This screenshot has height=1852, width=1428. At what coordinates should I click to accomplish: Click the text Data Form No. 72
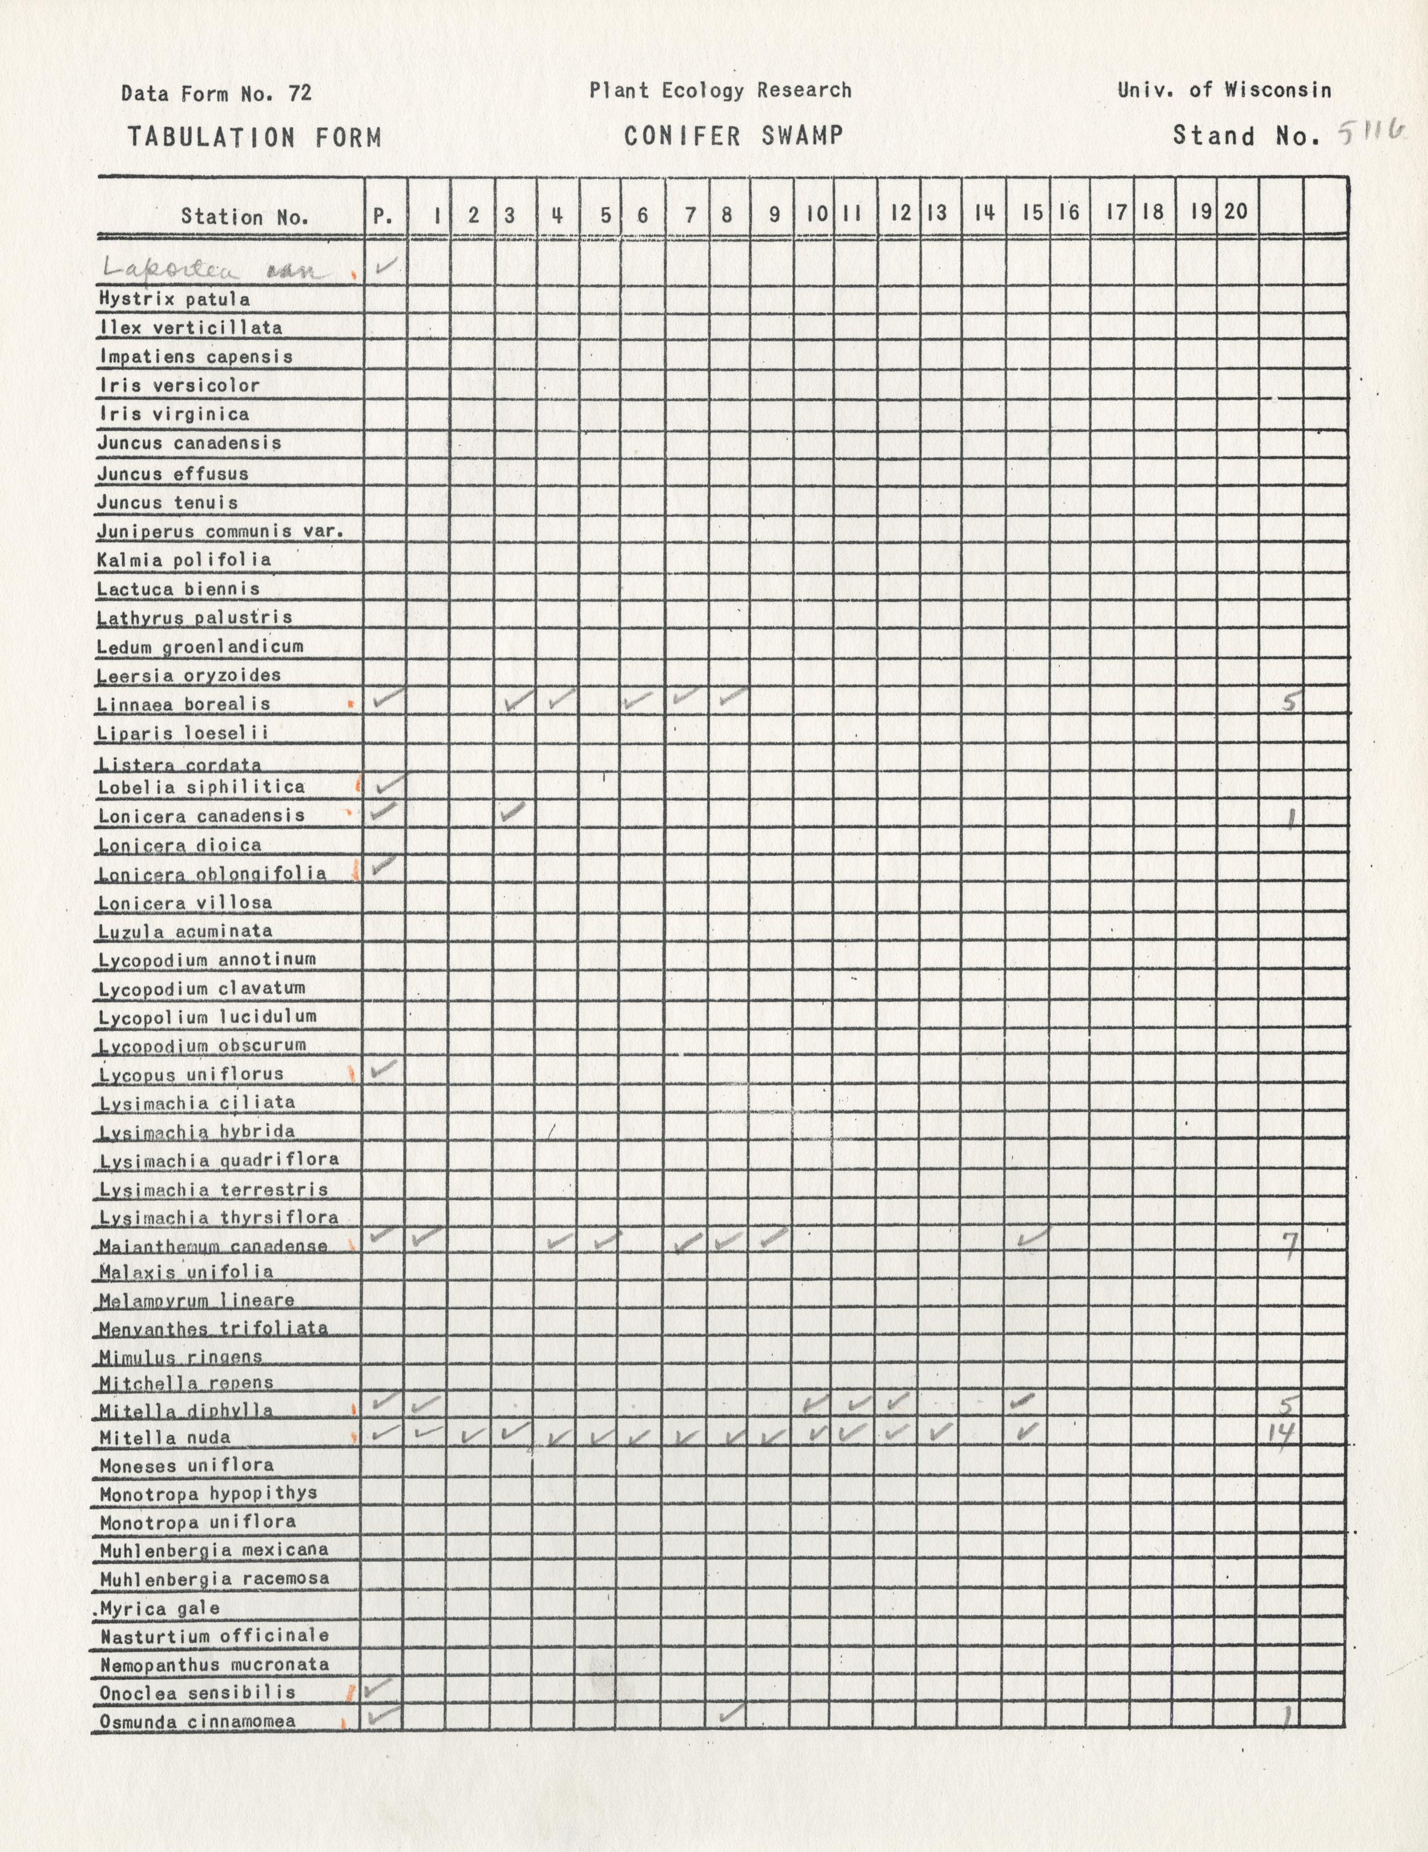pyautogui.click(x=216, y=93)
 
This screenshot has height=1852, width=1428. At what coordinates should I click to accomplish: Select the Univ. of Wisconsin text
pyautogui.click(x=1224, y=90)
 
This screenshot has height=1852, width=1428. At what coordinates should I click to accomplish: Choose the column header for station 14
pyautogui.click(x=983, y=213)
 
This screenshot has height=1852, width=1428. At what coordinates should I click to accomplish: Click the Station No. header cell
pyautogui.click(x=244, y=216)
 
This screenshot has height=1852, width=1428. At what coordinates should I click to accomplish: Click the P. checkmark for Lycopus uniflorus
pyautogui.click(x=384, y=1068)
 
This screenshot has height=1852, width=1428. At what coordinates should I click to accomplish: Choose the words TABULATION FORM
pyautogui.click(x=255, y=138)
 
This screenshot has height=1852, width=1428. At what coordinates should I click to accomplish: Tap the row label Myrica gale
pyautogui.click(x=160, y=1608)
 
